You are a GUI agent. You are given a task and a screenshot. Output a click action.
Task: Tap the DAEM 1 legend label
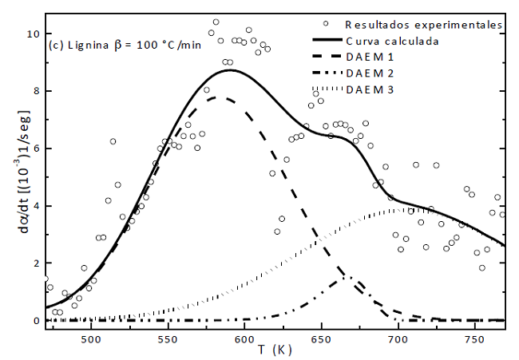pyautogui.click(x=370, y=57)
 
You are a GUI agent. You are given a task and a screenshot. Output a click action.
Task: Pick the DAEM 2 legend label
pyautogui.click(x=370, y=73)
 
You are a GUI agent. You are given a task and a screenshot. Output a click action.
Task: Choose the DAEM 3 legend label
pyautogui.click(x=370, y=89)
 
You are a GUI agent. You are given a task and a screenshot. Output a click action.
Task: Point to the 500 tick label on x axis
pyautogui.click(x=91, y=337)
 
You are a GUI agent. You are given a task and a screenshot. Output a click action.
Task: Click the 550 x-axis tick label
pyautogui.click(x=168, y=337)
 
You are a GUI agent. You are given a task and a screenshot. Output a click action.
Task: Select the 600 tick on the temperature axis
pyautogui.click(x=244, y=337)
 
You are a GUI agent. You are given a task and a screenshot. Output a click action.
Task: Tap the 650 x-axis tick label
pyautogui.click(x=321, y=337)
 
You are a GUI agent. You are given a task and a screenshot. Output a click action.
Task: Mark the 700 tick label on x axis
pyautogui.click(x=398, y=337)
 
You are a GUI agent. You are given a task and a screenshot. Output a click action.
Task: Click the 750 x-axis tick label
pyautogui.click(x=474, y=337)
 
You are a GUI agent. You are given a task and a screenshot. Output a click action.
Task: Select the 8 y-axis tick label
pyautogui.click(x=34, y=91)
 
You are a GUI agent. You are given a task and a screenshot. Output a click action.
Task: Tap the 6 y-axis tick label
pyautogui.click(x=34, y=148)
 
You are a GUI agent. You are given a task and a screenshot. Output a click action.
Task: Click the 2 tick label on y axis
pyautogui.click(x=34, y=263)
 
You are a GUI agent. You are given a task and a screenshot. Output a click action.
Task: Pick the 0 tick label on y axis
pyautogui.click(x=34, y=321)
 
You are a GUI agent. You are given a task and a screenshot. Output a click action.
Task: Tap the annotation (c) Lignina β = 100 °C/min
pyautogui.click(x=125, y=44)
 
